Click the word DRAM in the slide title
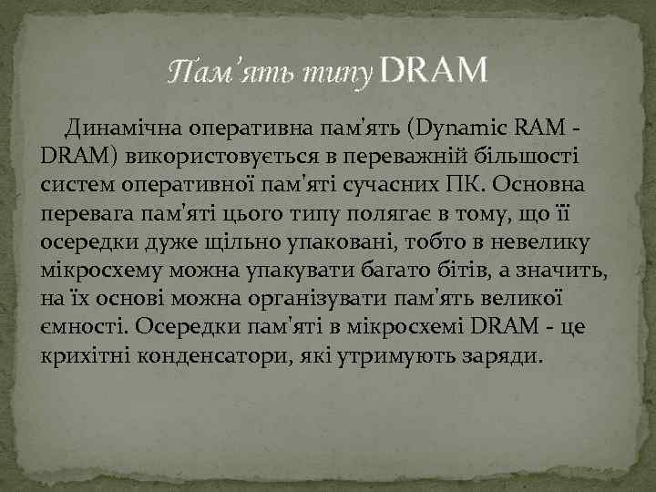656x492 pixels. [x=431, y=70]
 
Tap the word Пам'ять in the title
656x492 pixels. [x=219, y=72]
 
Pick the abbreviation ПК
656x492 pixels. [x=466, y=184]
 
